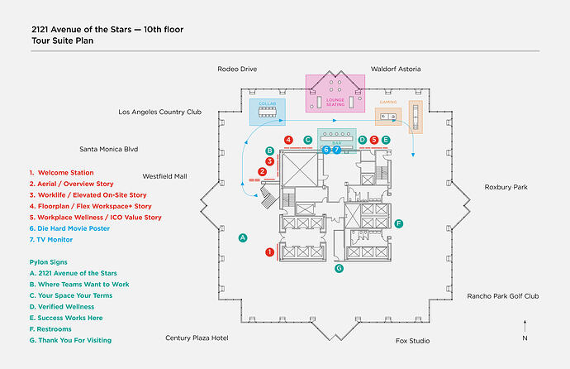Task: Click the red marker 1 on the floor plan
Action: click(x=269, y=251)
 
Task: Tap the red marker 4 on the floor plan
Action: click(x=288, y=140)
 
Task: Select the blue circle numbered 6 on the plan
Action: click(x=327, y=150)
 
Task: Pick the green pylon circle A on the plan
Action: click(x=243, y=237)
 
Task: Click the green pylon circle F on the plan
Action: click(x=398, y=223)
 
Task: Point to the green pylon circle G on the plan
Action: click(x=339, y=268)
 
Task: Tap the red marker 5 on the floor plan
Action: click(x=374, y=140)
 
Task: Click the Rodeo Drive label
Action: click(x=238, y=69)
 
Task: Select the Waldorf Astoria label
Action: click(x=397, y=69)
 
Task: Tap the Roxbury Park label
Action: click(x=506, y=187)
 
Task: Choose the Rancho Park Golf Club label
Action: click(x=502, y=295)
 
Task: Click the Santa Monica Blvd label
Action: click(x=108, y=150)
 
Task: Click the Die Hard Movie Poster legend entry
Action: click(x=69, y=228)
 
